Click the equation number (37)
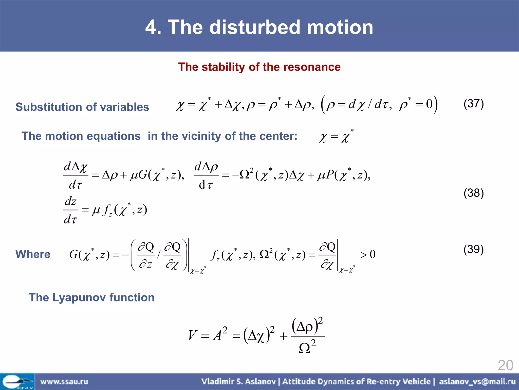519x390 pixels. tap(473, 104)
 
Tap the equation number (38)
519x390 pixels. tap(473, 193)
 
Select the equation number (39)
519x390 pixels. tap(473, 250)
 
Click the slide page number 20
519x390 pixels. tap(505, 365)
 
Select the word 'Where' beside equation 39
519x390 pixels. tap(33, 254)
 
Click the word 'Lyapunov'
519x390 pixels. tap(79, 298)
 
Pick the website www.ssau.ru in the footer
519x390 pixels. tap(64, 382)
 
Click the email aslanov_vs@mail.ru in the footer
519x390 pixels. tap(477, 382)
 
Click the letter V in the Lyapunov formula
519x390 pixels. tap(192, 335)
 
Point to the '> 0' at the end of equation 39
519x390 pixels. tap(368, 254)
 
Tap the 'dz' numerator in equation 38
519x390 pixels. tap(70, 202)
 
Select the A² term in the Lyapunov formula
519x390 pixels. tap(220, 335)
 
